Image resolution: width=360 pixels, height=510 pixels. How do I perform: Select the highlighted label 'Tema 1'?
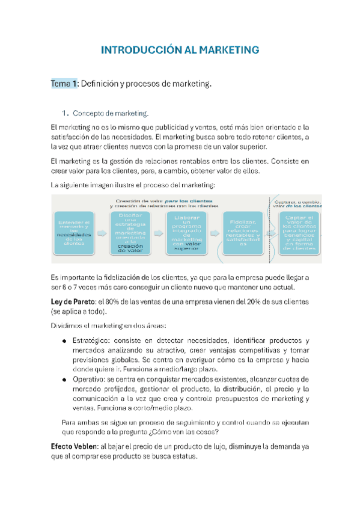[64, 84]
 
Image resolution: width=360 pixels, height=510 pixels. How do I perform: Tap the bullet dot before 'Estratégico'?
[65, 341]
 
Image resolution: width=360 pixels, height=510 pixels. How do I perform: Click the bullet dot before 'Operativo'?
[65, 379]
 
